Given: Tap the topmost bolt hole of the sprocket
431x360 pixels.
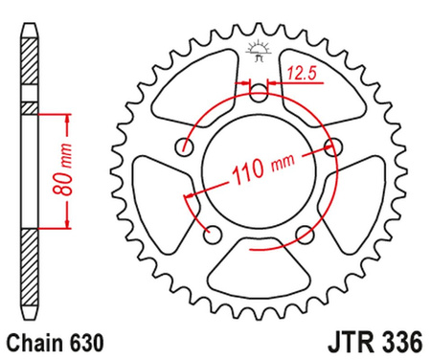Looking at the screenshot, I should pos(260,92).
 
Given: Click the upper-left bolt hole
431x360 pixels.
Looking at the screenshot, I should pos(186,146).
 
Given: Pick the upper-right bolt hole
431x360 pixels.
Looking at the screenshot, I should pos(333,146).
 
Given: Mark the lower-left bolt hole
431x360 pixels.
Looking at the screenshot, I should pos(214,233).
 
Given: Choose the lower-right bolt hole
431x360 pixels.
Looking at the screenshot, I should pos(306,233).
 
